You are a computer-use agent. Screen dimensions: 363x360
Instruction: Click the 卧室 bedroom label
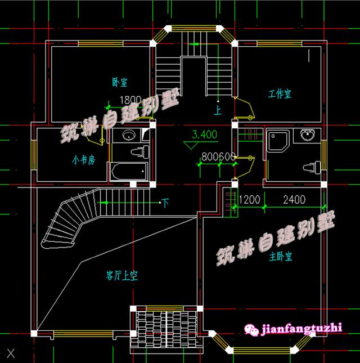119,82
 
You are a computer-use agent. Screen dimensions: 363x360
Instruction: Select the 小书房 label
83,160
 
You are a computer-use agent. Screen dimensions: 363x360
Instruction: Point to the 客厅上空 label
122,275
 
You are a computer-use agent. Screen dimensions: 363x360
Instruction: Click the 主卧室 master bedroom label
280,257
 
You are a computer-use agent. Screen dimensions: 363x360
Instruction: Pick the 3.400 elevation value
204,135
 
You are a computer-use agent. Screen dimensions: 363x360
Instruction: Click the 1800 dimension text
130,100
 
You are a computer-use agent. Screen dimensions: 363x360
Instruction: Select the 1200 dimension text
249,199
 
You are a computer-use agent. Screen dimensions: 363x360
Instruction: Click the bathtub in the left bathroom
129,171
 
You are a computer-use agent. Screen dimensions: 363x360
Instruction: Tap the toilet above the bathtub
139,151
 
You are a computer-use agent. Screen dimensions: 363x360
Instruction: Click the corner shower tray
278,141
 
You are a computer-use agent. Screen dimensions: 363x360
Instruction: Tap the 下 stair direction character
165,201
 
